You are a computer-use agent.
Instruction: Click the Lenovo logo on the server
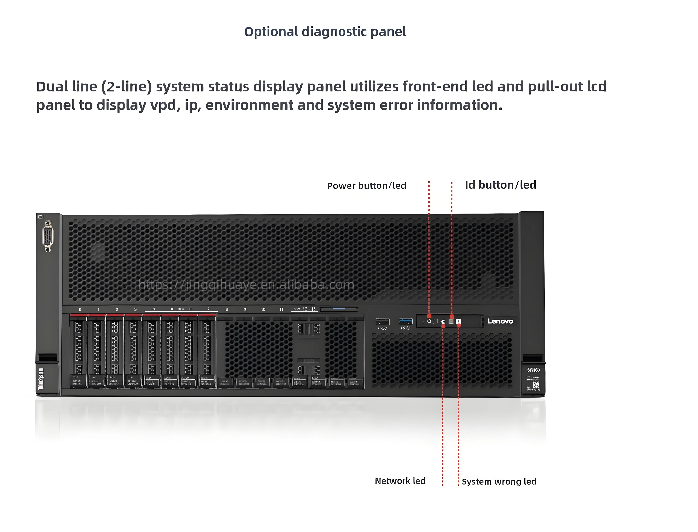pyautogui.click(x=500, y=321)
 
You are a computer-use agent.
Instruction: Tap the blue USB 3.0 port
pyautogui.click(x=405, y=321)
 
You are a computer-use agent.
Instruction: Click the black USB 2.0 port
pyautogui.click(x=382, y=321)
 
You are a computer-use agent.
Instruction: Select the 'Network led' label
pyautogui.click(x=400, y=481)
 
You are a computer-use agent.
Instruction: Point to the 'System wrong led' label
pyautogui.click(x=499, y=482)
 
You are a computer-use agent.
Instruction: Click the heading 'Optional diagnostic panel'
pyautogui.click(x=325, y=32)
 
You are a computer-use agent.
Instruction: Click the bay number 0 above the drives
pyautogui.click(x=80, y=309)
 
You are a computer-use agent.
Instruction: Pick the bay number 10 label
pyautogui.click(x=263, y=309)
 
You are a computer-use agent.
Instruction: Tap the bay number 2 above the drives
pyautogui.click(x=117, y=309)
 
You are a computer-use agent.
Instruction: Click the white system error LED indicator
pyautogui.click(x=458, y=321)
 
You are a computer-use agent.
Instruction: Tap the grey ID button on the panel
pyautogui.click(x=451, y=321)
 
